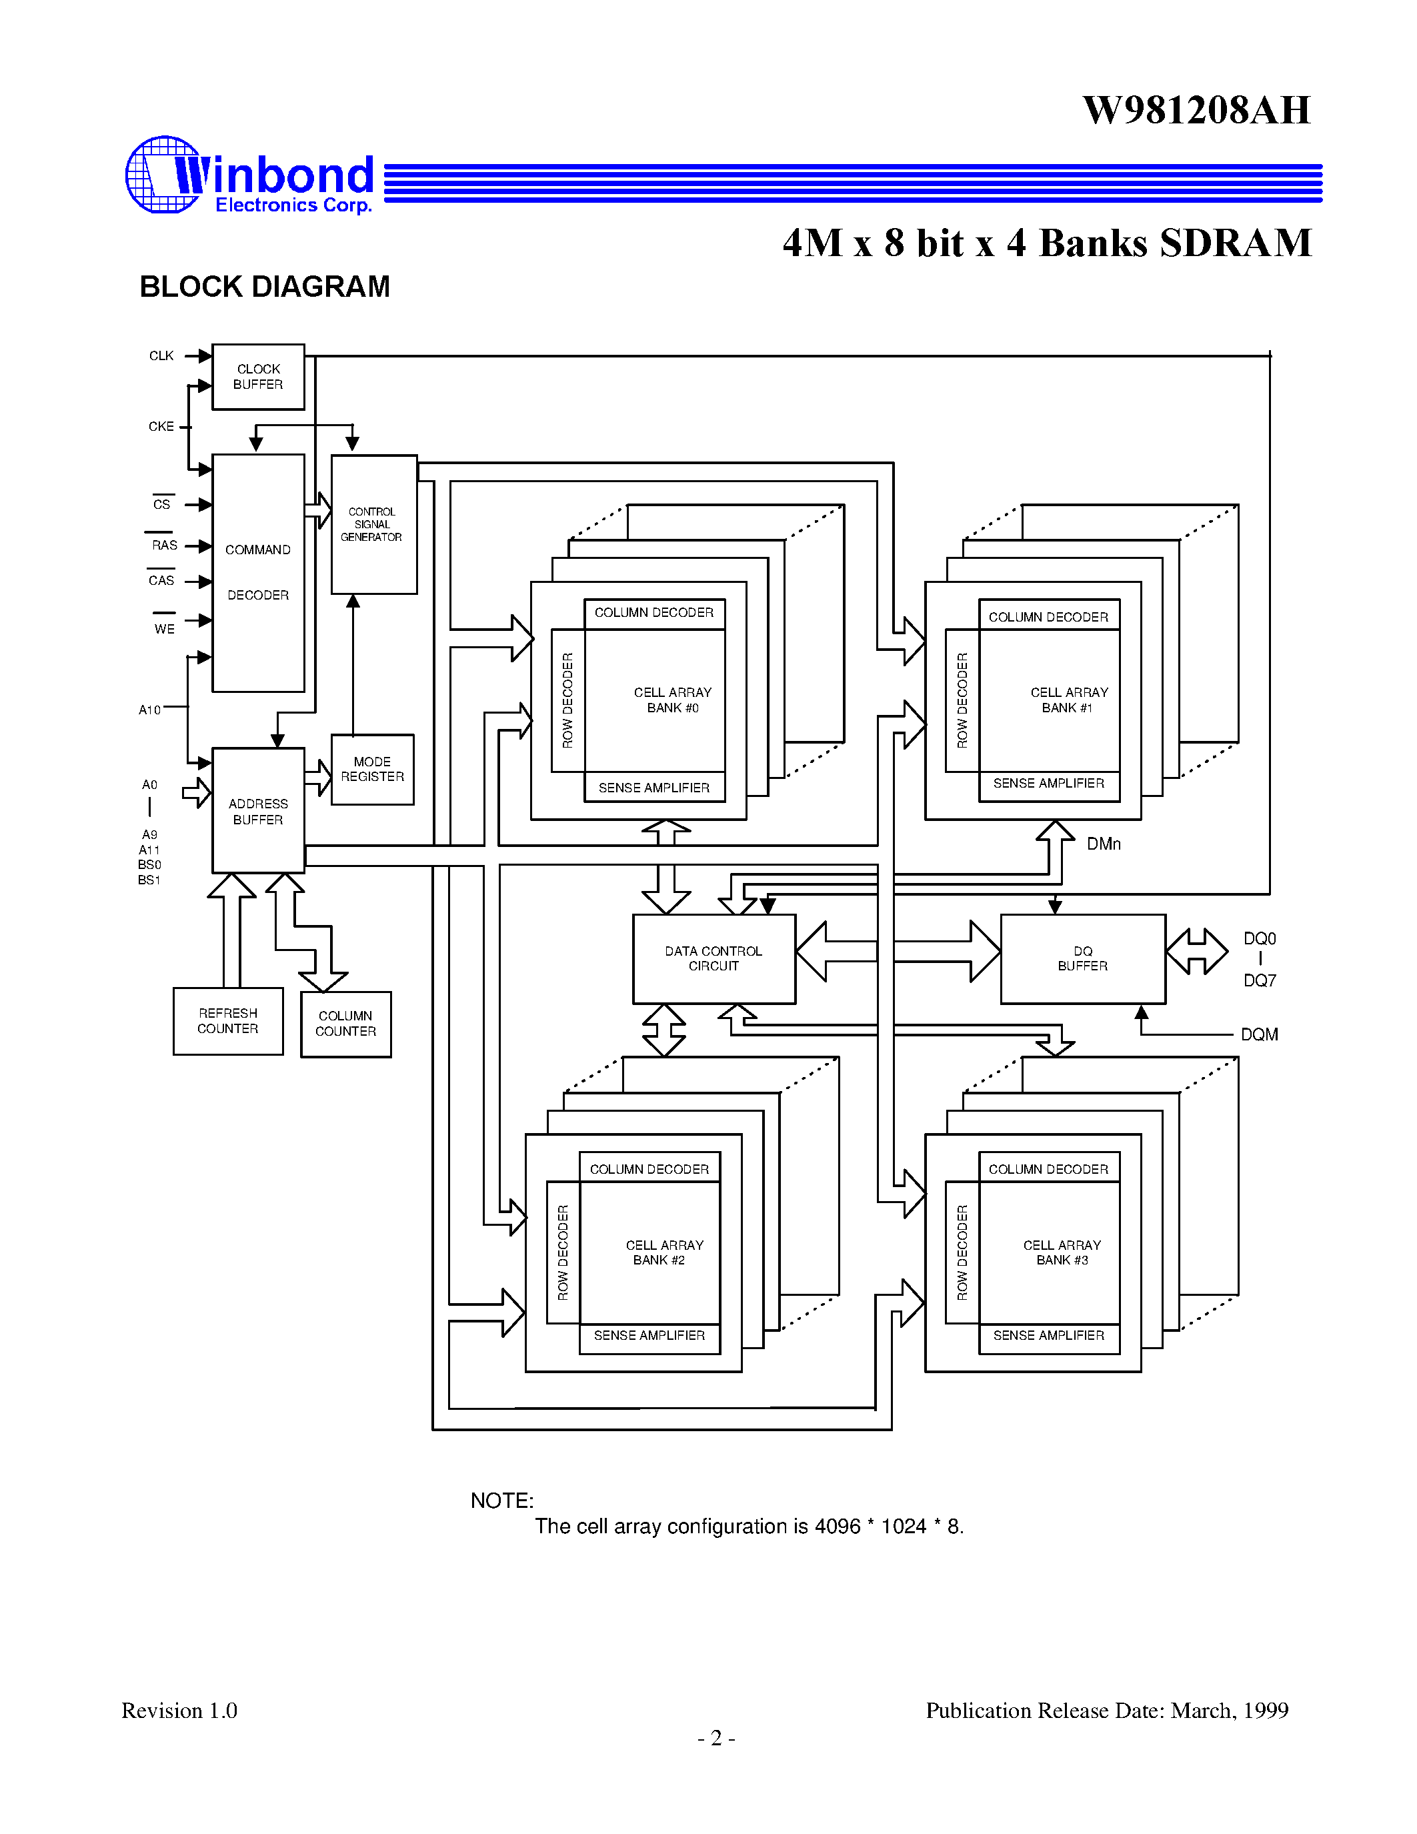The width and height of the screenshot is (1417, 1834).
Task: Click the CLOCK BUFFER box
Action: pos(257,377)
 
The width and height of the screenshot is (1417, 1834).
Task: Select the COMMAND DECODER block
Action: pos(257,573)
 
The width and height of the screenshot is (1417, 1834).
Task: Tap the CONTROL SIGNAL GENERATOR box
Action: pos(373,525)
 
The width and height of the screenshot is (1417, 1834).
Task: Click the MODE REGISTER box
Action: pos(372,769)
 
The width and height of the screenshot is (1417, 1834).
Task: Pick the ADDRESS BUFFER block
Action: pos(257,811)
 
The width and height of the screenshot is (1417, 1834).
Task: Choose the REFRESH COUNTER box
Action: pos(227,1021)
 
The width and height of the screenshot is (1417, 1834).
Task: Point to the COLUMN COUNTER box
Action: pos(345,1024)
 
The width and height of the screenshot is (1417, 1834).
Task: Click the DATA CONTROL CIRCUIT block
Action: pos(714,959)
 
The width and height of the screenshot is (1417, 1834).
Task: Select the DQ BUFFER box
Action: pos(1082,959)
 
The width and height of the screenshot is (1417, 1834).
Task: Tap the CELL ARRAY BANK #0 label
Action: pos(672,700)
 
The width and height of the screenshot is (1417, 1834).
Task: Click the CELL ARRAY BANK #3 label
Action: pos(1062,1252)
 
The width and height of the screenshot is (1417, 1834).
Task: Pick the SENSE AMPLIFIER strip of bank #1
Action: pos(1048,784)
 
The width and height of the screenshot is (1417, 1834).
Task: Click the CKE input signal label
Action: pos(161,427)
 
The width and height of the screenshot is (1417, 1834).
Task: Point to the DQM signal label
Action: pos(1259,1034)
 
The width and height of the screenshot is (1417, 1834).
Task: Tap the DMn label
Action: pos(1103,844)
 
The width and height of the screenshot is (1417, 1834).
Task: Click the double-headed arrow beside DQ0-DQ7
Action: pos(1197,952)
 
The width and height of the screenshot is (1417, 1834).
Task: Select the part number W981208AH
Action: pos(1196,110)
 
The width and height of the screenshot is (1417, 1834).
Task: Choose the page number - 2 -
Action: pos(716,1738)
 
